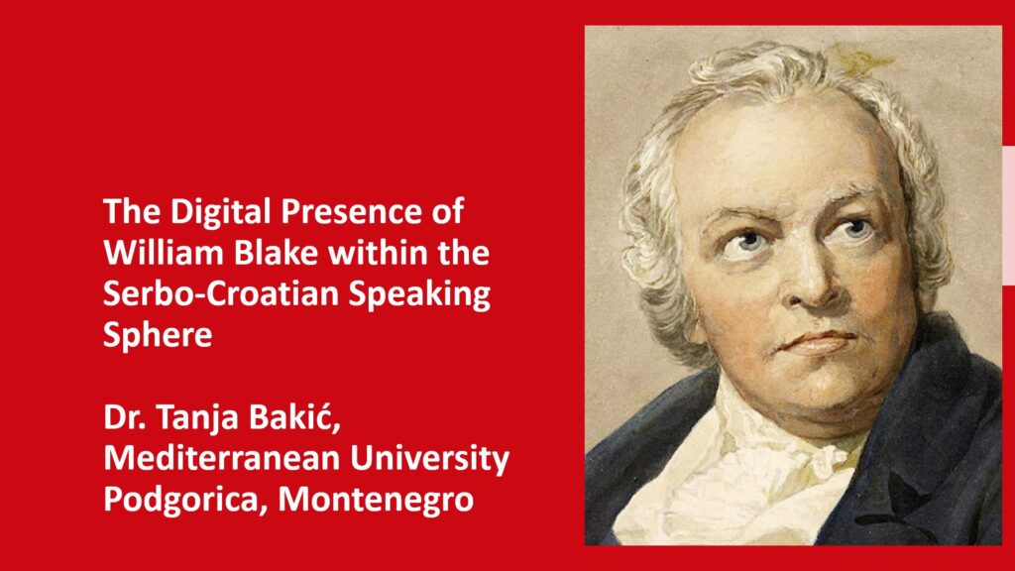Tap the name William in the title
164,252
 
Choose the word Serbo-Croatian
221,293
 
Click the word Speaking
419,294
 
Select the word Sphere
158,335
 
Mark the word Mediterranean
222,458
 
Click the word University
430,460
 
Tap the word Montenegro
376,501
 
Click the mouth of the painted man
817,341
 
